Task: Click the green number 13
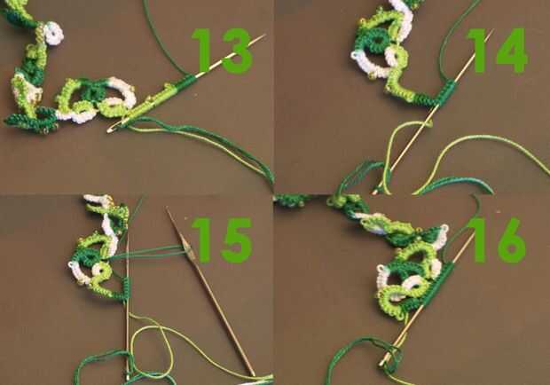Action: (222, 51)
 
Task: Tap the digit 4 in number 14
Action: (512, 51)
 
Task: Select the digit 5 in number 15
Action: (237, 240)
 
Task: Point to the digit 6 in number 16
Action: (510, 240)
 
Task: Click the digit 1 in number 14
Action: (480, 51)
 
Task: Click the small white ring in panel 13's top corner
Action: (54, 34)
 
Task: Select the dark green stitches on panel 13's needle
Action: (185, 83)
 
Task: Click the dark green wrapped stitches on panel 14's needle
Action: (445, 92)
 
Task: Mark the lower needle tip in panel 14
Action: (375, 192)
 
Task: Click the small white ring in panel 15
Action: (101, 271)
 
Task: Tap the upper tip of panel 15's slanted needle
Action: (168, 208)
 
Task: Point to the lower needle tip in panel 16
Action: (382, 363)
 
